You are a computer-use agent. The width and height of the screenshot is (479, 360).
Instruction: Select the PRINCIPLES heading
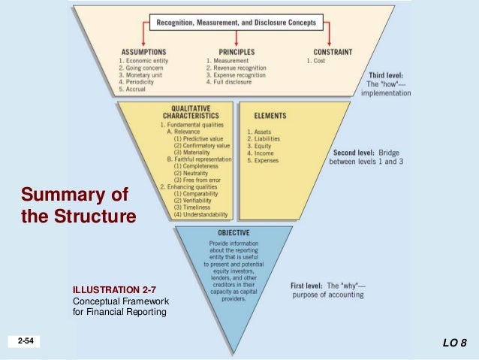pos(231,51)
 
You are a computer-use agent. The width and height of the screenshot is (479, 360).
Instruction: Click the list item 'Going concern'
pos(145,68)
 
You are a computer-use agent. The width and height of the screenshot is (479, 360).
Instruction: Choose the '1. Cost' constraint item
pos(315,60)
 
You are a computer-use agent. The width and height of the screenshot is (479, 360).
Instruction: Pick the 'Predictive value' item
pos(202,139)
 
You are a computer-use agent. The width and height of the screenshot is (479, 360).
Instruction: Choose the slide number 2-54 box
pos(26,343)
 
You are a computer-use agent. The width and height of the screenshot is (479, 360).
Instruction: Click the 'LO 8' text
pos(454,343)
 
